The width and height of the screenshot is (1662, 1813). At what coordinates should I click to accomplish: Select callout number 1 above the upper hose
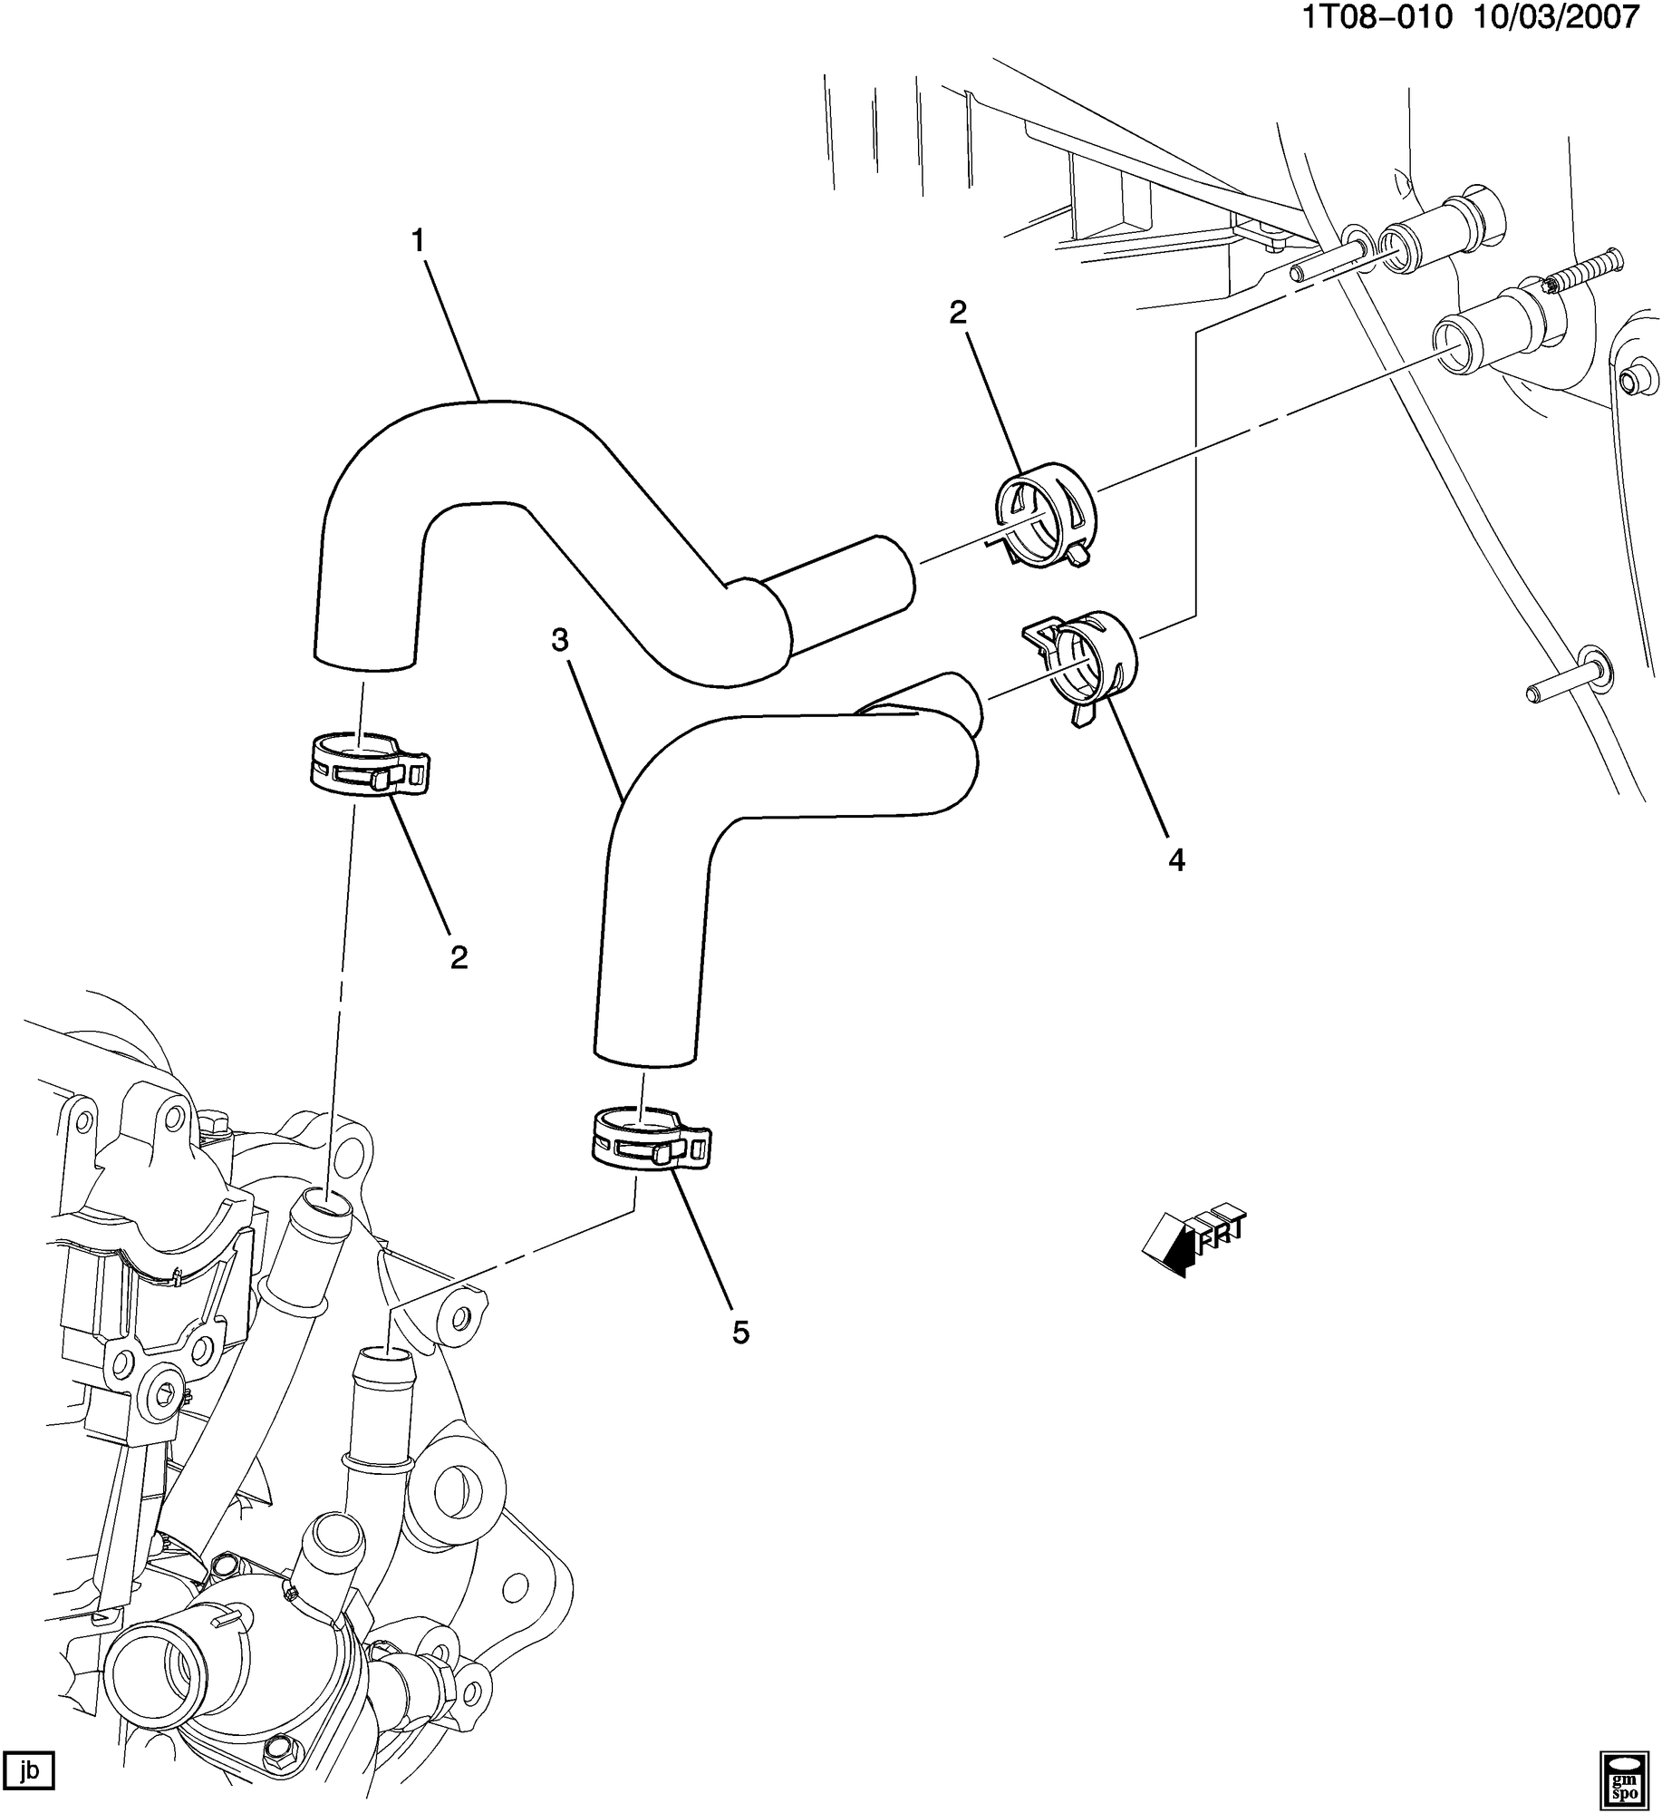(418, 241)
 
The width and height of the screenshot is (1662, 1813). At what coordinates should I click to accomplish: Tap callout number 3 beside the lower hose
(560, 640)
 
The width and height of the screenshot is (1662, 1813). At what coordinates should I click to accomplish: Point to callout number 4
(1176, 859)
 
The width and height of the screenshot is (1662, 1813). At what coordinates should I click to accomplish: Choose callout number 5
(740, 1332)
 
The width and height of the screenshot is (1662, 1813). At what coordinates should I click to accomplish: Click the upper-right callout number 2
(958, 313)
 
